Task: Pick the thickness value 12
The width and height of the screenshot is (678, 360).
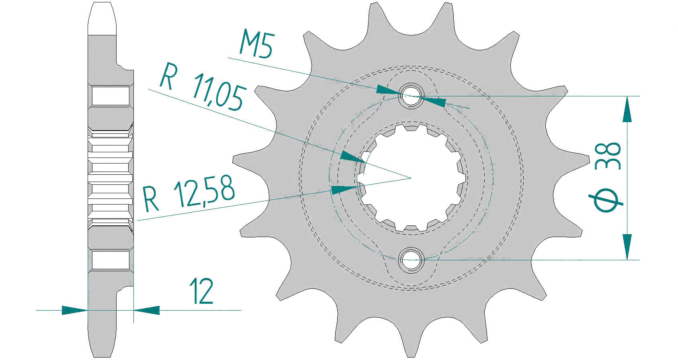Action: click(202, 291)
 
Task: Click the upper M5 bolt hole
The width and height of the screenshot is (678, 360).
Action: click(411, 96)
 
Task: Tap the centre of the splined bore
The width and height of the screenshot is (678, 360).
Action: click(411, 178)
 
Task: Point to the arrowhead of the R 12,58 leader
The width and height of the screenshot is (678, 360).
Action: click(344, 190)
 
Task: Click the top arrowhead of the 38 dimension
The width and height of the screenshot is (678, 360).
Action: click(627, 109)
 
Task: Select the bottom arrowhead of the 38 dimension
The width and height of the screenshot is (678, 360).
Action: click(627, 247)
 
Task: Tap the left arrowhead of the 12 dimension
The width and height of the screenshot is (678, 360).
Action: click(74, 310)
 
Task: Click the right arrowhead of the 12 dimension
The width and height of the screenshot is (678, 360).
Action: click(147, 310)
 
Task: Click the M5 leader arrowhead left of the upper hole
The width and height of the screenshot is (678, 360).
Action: click(389, 90)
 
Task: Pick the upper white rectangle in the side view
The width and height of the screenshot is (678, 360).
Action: click(111, 96)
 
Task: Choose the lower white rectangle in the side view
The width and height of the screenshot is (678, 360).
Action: click(111, 260)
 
